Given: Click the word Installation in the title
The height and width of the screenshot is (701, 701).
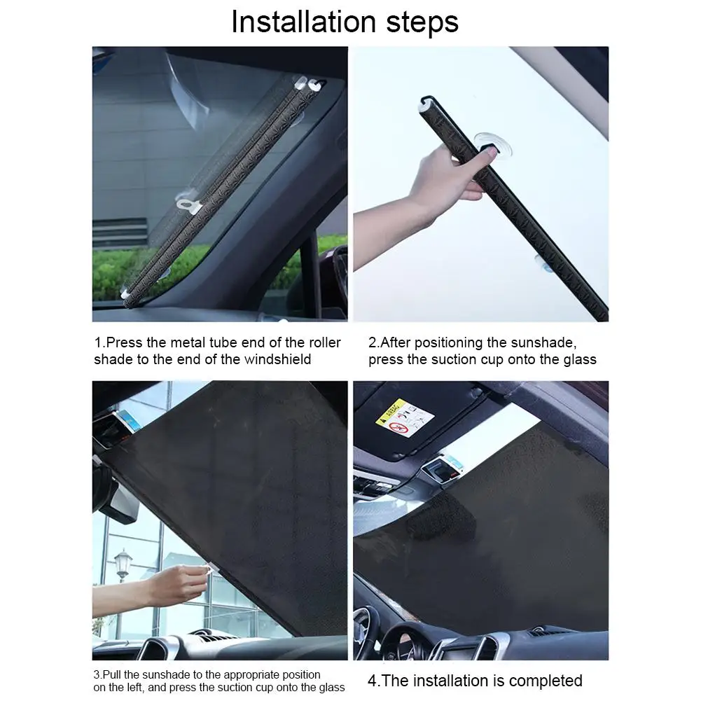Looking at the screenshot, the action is pos(303,22).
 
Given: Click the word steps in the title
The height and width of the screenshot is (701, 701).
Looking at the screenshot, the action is pos(422,22).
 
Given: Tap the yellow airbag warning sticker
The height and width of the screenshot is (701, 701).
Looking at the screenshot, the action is pos(405,419).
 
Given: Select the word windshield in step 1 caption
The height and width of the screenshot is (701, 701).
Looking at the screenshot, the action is pos(277,359).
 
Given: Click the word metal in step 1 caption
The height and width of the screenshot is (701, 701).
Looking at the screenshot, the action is pos(188,342).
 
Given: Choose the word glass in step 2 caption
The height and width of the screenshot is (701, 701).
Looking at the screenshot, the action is pos(580,360).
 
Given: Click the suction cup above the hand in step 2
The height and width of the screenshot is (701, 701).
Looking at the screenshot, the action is pos(487,141).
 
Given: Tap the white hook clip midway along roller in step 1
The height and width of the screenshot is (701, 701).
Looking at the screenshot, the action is pos(188,205).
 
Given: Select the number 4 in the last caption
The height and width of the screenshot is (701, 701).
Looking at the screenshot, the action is pos(373,681).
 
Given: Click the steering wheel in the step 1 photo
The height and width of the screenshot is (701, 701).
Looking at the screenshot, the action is pos(340,272).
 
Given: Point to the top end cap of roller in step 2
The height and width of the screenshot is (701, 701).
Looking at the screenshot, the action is pos(427,102).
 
